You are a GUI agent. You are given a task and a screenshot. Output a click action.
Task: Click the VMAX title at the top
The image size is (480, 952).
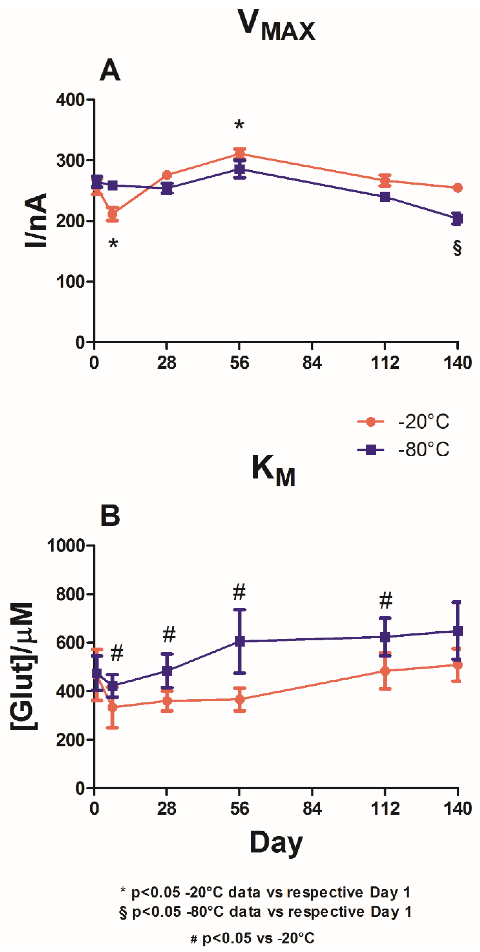[276, 26]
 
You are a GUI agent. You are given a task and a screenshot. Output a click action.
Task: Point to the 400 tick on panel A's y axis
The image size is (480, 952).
[70, 100]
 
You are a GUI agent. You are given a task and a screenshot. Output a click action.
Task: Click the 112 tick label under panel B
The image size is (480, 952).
[385, 809]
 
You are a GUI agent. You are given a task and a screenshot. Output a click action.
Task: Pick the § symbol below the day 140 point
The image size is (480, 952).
[457, 248]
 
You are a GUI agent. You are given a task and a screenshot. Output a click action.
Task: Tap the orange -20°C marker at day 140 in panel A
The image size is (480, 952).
[457, 188]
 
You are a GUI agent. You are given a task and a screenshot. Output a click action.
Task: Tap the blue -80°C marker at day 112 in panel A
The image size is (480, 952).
[385, 197]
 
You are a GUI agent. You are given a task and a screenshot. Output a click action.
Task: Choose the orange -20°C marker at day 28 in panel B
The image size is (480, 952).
[167, 700]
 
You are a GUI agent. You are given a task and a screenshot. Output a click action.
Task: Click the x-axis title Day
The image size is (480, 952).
[276, 843]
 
